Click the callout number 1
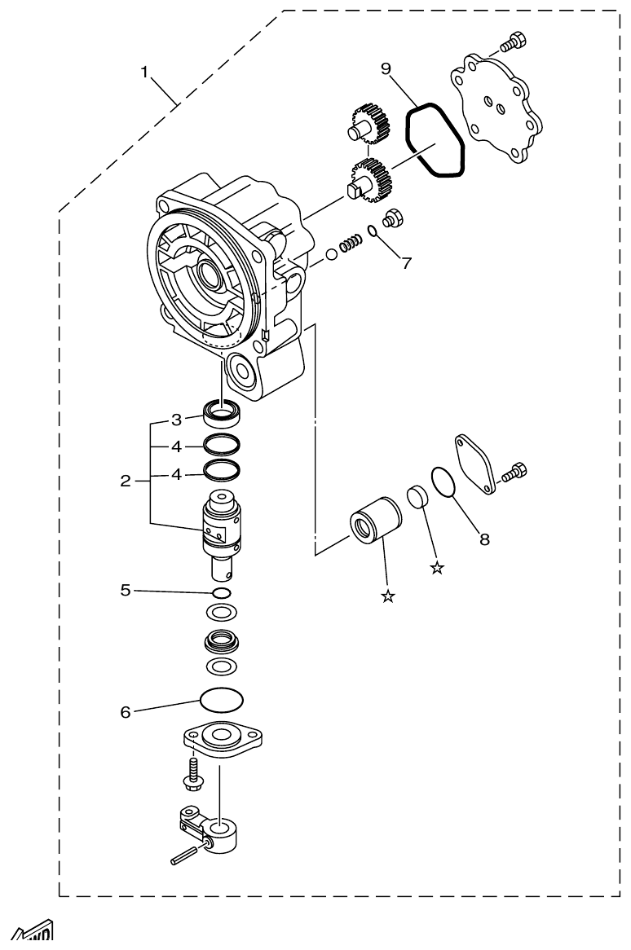coord(144,72)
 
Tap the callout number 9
coord(386,68)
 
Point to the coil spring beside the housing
coord(351,244)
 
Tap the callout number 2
coord(125,481)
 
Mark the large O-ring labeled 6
coord(222,700)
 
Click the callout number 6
coord(126,711)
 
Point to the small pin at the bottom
coord(183,858)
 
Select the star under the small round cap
coord(437,568)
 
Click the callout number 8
coord(484,539)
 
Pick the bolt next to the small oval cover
coord(515,473)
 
